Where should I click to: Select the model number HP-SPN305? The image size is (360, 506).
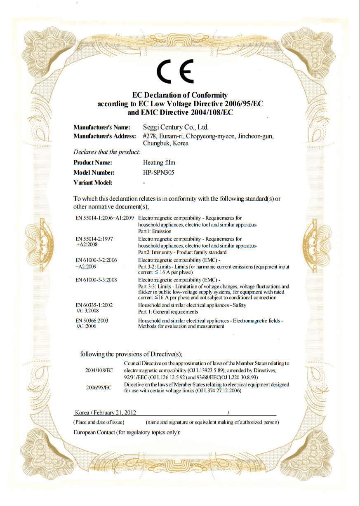(158, 173)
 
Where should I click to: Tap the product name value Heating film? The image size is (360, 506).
(159, 163)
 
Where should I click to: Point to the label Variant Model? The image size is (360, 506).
(93, 183)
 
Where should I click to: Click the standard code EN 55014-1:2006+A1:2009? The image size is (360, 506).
(104, 218)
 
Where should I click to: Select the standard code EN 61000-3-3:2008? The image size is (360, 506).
(96, 280)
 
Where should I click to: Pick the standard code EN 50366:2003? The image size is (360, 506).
(92, 320)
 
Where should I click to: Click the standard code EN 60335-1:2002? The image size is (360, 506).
(94, 305)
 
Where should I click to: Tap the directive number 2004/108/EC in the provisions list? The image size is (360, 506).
(99, 370)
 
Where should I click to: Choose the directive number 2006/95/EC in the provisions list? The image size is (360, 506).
(99, 388)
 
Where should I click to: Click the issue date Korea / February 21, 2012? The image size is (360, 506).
(106, 412)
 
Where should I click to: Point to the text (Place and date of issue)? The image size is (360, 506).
(99, 422)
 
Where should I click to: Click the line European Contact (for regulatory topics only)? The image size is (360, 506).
(127, 432)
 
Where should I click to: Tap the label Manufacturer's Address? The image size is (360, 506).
(105, 136)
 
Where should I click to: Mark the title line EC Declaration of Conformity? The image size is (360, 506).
(180, 96)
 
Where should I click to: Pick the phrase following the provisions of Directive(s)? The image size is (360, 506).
(131, 354)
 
